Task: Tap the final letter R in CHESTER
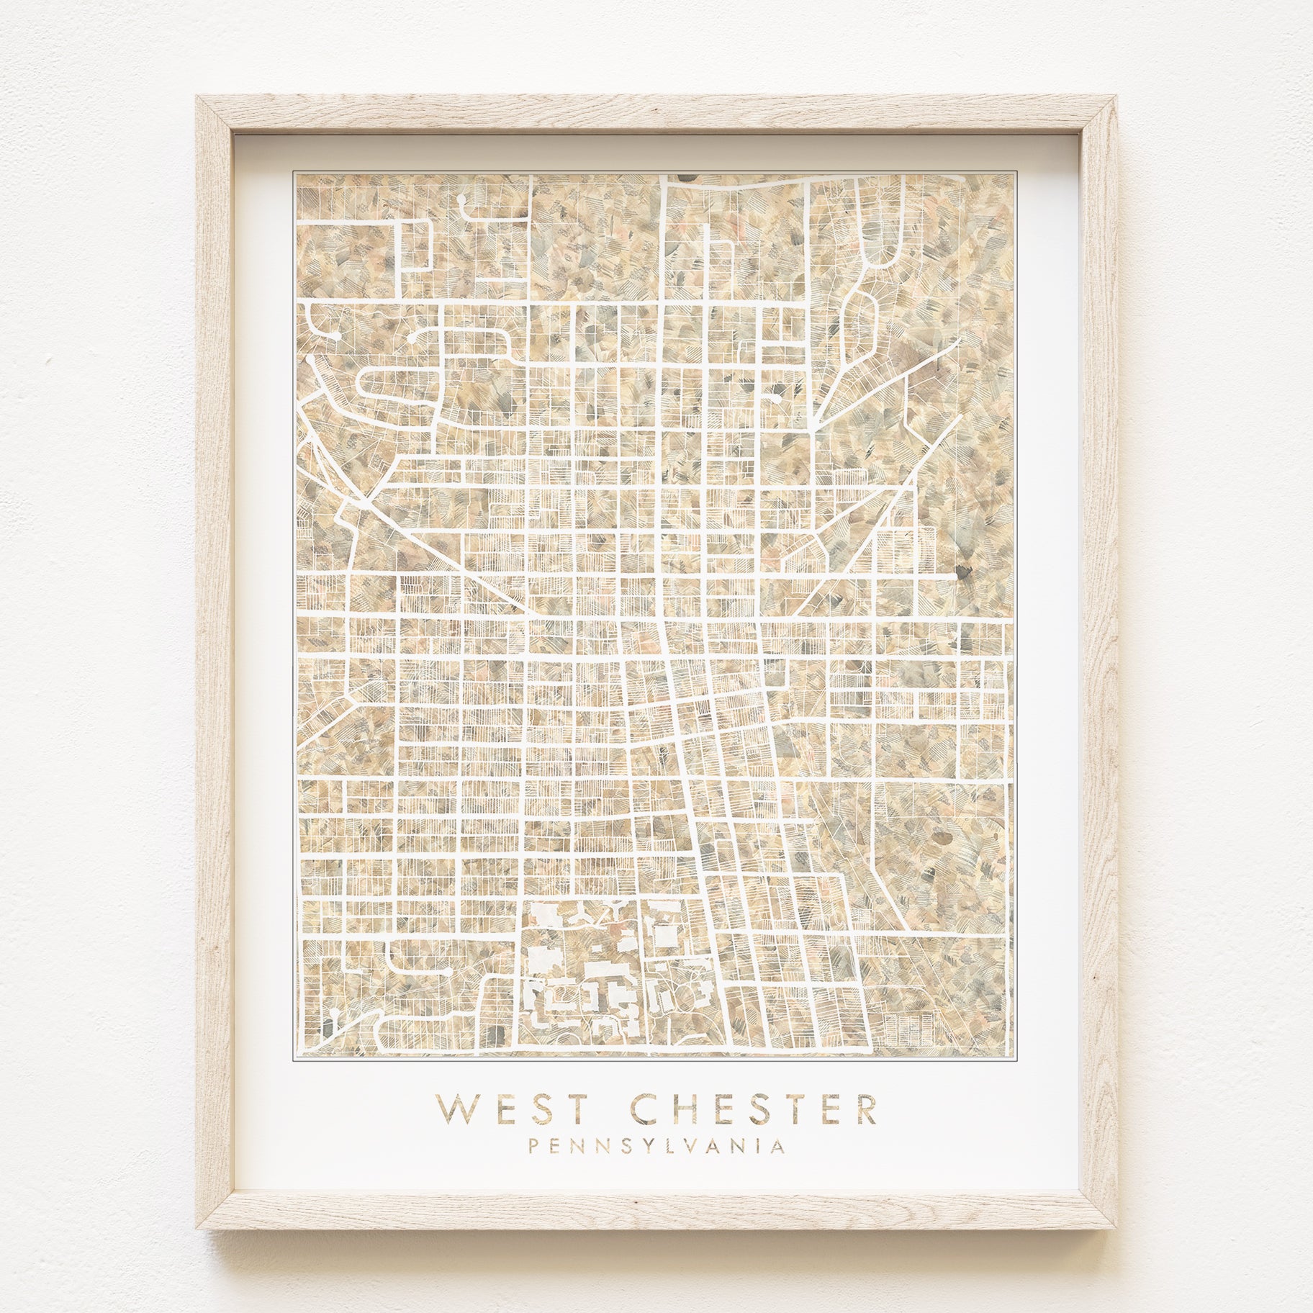(x=866, y=1090)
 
